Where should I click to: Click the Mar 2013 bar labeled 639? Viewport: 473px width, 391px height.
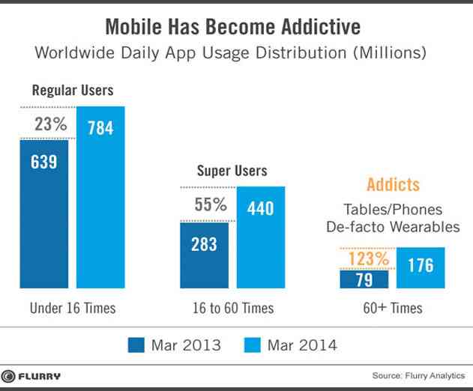(44, 213)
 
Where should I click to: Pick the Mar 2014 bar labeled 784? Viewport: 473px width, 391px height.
(100, 198)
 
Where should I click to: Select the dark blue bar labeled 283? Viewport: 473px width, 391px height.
(205, 255)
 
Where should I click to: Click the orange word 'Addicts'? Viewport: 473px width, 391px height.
(393, 185)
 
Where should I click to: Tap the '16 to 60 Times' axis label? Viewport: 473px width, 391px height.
(233, 308)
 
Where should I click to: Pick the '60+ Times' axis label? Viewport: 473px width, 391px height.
(392, 308)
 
